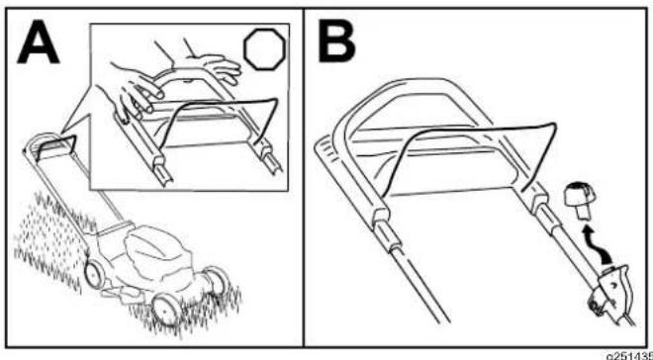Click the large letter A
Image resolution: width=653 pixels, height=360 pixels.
(38, 43)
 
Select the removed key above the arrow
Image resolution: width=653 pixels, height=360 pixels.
(579, 202)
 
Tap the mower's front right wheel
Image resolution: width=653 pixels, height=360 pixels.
(167, 308)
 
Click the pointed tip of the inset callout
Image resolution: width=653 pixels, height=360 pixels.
(60, 135)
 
